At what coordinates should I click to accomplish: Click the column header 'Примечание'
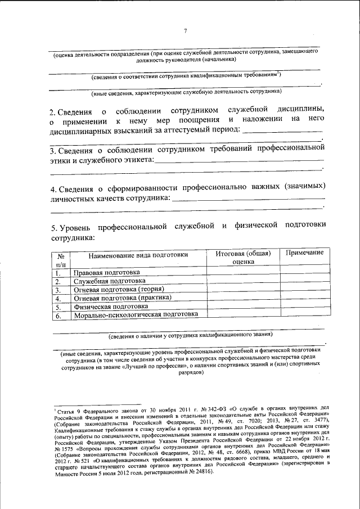tap(304, 253)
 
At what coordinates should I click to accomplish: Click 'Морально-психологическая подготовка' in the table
tap(136, 315)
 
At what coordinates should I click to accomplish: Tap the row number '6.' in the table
tap(58, 316)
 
